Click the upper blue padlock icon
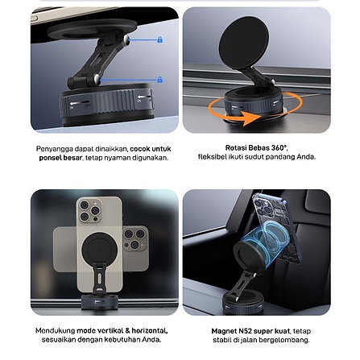pyautogui.click(x=160, y=40)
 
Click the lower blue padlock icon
pyautogui.click(x=160, y=80)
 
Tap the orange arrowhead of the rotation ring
pyautogui.click(x=251, y=118)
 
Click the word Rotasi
pyautogui.click(x=235, y=148)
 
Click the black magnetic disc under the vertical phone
pyautogui.click(x=100, y=248)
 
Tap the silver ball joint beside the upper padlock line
pyautogui.click(x=126, y=39)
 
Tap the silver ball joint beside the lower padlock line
pyautogui.click(x=97, y=79)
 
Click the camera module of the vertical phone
pyautogui.click(x=89, y=210)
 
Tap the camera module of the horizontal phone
pyautogui.click(x=135, y=239)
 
